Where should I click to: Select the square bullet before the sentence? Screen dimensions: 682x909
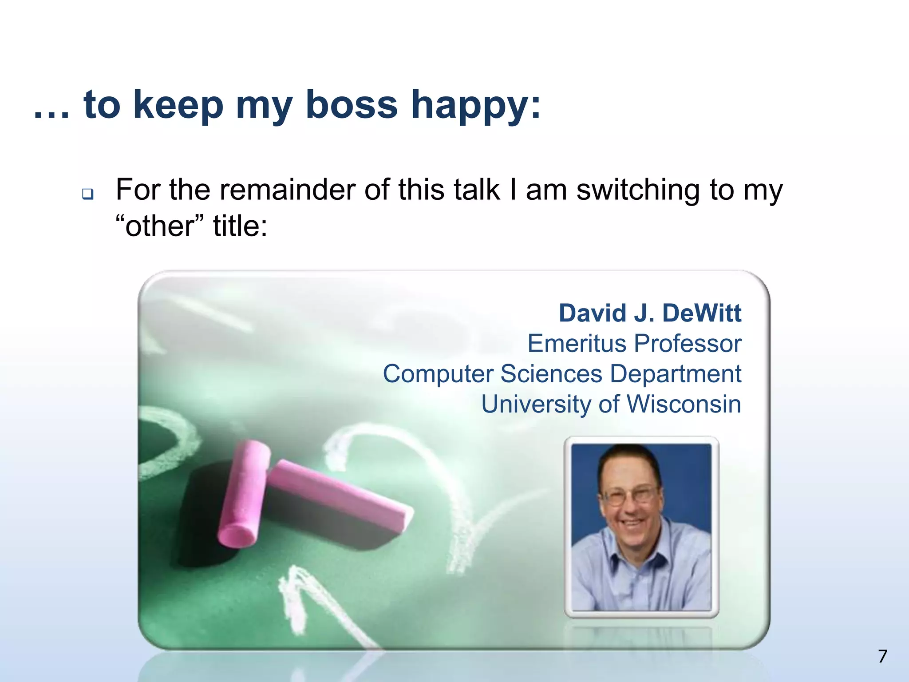(x=87, y=194)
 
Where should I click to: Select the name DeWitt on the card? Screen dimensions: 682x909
(x=701, y=313)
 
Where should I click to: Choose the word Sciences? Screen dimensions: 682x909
(x=551, y=374)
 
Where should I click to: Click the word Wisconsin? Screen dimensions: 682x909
(x=684, y=404)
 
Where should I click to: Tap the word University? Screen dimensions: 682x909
(x=537, y=405)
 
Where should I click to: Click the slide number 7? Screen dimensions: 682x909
(x=882, y=656)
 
